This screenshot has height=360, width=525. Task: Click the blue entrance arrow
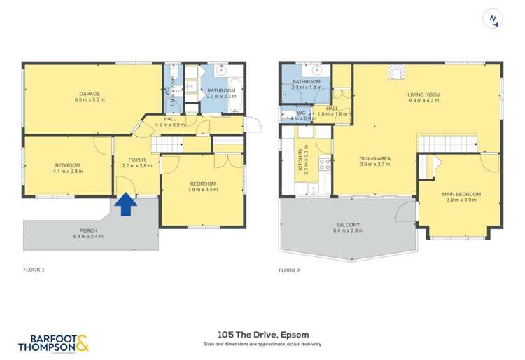click(126, 204)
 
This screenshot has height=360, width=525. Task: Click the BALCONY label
click(348, 224)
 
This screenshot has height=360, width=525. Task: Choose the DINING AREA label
click(374, 159)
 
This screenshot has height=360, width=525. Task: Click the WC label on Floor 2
click(301, 113)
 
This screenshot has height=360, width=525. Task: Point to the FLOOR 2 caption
click(289, 270)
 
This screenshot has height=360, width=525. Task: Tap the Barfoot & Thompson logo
click(52, 342)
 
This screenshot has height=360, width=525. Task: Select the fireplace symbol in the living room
click(396, 72)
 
